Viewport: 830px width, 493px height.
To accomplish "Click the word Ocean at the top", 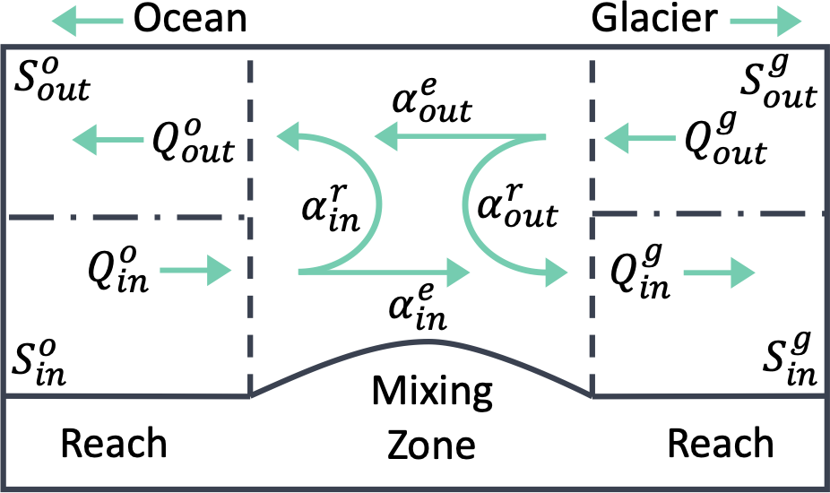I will point(189,19).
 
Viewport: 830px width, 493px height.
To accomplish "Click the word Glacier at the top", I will point(653,19).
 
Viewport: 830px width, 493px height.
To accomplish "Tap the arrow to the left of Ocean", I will point(94,19).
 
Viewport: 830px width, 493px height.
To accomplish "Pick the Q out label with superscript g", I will point(723,139).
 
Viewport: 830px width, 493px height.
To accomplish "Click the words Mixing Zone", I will point(432,418).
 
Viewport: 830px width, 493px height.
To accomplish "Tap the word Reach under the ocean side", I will point(113,443).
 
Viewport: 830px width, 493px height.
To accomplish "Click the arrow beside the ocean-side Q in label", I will point(208,270).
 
